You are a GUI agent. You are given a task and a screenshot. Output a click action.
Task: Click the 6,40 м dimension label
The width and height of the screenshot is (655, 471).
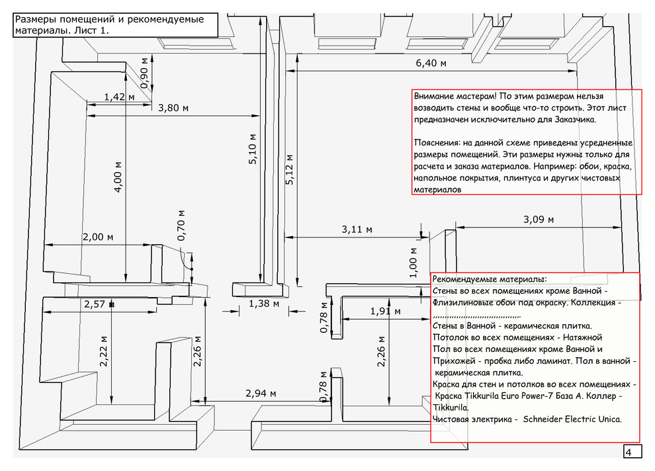pos(431,63)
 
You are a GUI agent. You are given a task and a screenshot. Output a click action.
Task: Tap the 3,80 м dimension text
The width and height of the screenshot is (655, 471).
pos(173,108)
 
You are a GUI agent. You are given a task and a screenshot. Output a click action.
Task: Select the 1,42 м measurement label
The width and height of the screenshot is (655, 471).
pos(119,97)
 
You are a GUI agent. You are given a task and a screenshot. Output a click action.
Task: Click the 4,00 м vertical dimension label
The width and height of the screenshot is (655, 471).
pos(118,177)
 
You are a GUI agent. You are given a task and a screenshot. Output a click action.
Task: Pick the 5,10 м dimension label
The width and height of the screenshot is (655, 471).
pos(252,149)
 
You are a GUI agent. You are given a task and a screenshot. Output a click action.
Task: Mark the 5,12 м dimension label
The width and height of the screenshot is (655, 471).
pos(289,169)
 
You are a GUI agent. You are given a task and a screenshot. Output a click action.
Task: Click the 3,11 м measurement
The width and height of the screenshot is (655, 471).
pos(357,230)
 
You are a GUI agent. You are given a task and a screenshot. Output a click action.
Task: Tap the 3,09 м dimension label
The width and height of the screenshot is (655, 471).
pos(539,219)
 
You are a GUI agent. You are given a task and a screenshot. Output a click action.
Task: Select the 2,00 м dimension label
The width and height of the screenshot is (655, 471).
pos(98,237)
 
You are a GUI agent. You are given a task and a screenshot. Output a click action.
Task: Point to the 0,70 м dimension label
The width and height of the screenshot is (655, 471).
pos(181,225)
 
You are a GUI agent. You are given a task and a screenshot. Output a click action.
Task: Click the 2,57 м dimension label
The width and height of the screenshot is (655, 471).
pos(99,304)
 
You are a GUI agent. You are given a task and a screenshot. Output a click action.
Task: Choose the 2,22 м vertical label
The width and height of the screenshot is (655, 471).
pos(103,351)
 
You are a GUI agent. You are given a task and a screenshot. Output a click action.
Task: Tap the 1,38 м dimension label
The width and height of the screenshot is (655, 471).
pos(264,304)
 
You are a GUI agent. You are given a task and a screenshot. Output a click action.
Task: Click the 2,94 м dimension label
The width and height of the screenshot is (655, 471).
pos(261,394)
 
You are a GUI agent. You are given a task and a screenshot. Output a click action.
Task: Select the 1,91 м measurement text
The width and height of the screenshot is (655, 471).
pos(385,311)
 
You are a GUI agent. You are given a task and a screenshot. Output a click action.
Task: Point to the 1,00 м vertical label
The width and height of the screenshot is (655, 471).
pos(413,263)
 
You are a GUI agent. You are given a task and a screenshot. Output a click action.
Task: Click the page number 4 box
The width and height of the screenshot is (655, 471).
pos(632,452)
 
